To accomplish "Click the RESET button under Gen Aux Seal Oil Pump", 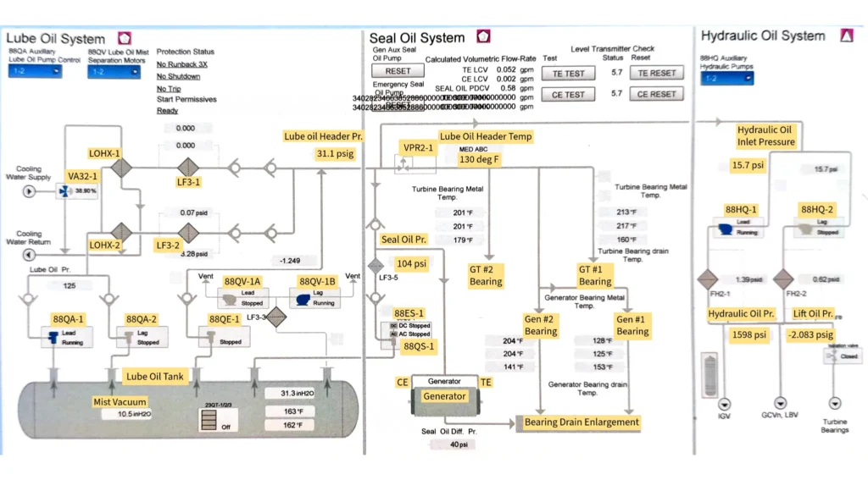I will point(398,72).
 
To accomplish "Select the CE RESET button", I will point(657,94).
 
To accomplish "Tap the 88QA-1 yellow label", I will point(69,319).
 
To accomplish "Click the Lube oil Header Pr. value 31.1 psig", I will point(334,154).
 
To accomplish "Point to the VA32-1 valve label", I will point(83,176).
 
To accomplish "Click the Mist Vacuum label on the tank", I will point(120,401).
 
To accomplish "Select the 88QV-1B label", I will point(317,281).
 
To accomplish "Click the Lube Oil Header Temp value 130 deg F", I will point(480,158).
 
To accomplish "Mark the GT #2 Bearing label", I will point(486,275).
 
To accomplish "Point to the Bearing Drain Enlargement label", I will point(581,422).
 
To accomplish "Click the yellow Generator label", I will point(445,396).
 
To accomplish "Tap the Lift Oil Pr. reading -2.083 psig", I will point(810,334).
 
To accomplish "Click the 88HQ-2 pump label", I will point(817,209).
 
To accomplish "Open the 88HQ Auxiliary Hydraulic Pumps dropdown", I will point(727,78).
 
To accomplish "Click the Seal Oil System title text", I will point(417,38).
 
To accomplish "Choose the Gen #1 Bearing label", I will point(632,326).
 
